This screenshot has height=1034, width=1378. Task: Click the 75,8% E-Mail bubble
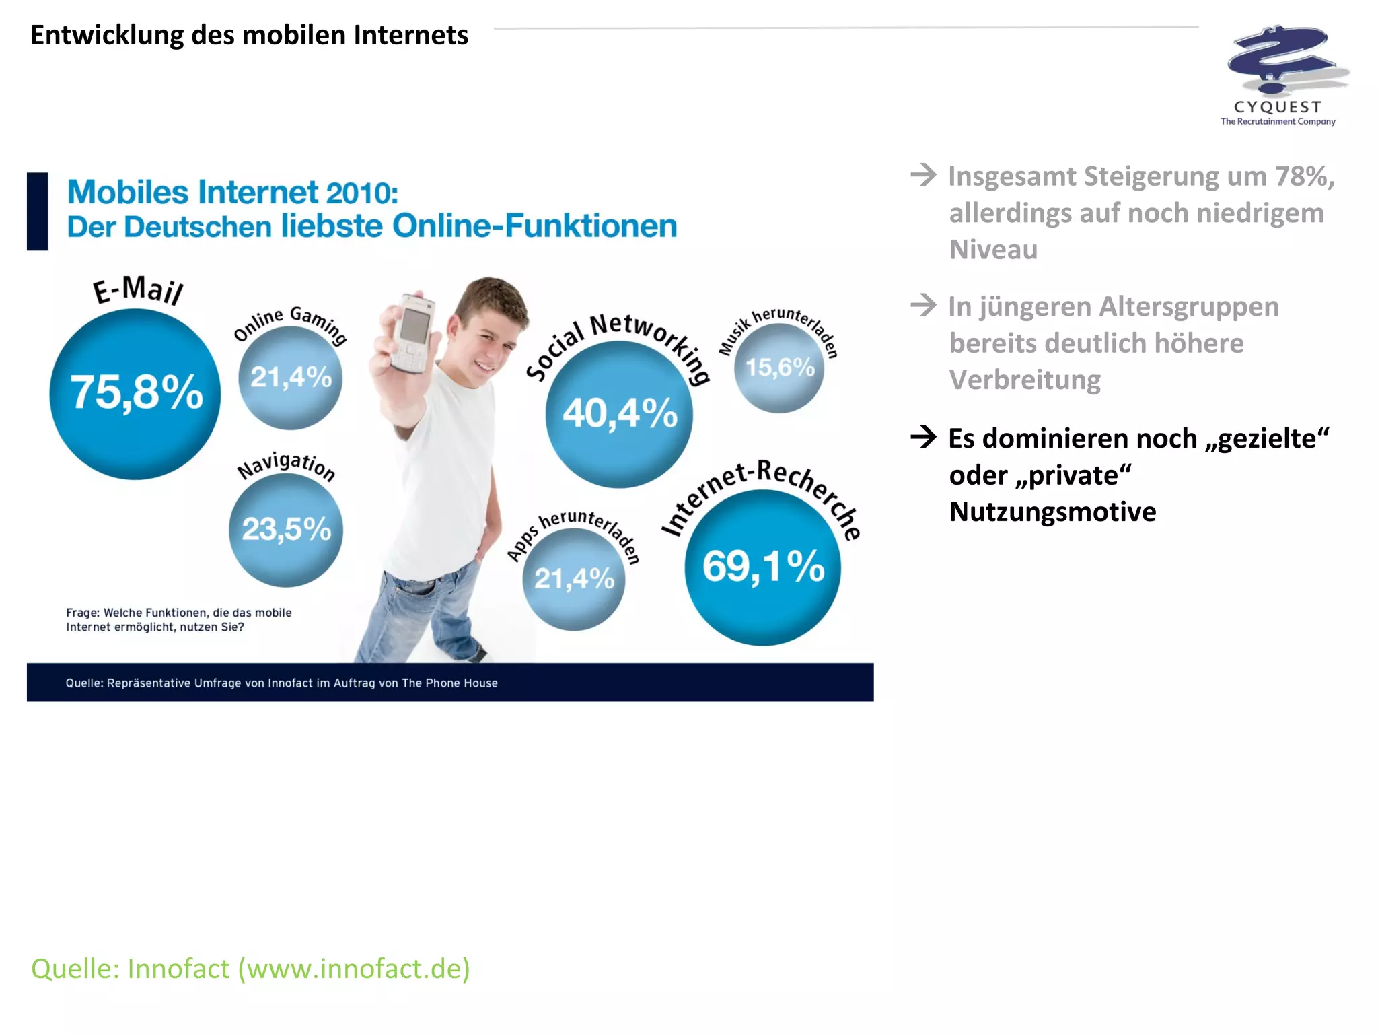135,394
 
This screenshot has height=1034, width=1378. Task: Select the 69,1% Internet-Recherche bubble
762,567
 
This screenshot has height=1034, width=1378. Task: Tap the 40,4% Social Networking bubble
619,414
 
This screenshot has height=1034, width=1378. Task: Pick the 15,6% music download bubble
779,368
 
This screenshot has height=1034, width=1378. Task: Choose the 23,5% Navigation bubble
286,530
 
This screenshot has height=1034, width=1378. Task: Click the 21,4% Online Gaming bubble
291,378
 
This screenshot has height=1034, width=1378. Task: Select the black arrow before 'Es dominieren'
923,438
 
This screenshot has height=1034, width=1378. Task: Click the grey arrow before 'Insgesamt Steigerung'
923,176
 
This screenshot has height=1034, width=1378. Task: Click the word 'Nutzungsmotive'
1052,512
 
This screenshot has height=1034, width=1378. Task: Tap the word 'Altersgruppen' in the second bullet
1189,307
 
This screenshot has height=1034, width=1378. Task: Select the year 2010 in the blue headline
361,193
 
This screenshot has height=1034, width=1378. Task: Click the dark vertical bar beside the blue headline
38,211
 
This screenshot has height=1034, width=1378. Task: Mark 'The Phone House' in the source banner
449,683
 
